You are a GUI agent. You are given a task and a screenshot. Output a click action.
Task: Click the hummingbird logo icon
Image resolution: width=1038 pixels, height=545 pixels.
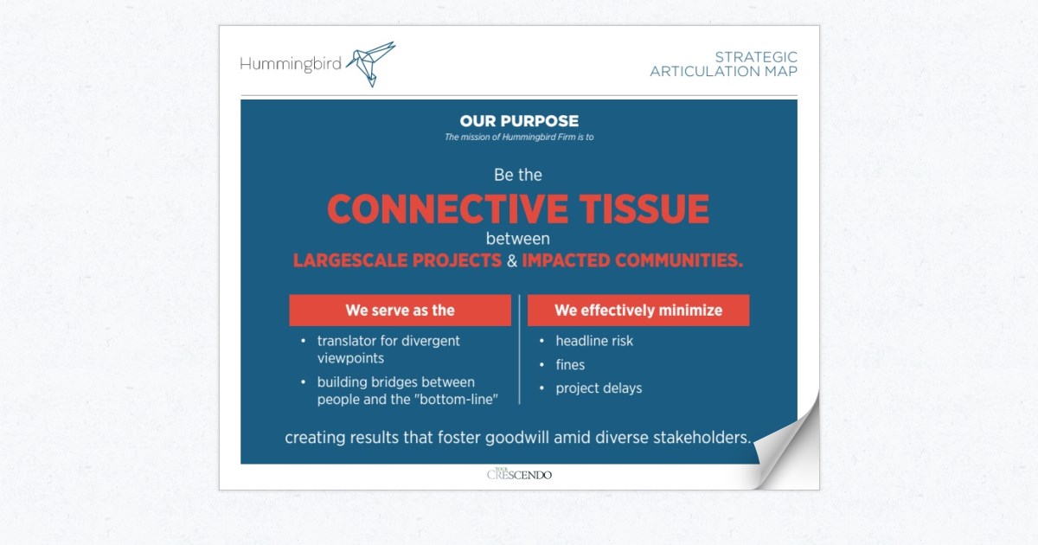(371, 61)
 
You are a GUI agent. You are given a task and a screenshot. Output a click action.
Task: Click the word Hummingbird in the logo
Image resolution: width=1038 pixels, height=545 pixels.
(291, 62)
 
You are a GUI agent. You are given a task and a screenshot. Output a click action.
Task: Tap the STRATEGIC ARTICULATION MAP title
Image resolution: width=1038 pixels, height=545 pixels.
(724, 64)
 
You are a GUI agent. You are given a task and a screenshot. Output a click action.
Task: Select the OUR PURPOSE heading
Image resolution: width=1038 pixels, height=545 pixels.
(519, 121)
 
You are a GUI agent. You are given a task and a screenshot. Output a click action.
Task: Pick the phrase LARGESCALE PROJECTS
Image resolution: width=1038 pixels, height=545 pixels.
(397, 260)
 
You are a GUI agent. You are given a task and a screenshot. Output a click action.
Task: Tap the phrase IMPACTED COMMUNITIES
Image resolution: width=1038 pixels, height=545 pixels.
(632, 260)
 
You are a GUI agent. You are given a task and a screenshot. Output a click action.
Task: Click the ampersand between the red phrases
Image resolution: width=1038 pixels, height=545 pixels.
(512, 260)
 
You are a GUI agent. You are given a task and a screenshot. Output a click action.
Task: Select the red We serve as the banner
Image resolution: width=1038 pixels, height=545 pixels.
(400, 310)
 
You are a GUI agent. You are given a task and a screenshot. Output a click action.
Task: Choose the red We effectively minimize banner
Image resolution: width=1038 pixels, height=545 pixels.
(638, 310)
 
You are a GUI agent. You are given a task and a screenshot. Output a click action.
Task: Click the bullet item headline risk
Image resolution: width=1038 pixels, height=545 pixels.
(594, 341)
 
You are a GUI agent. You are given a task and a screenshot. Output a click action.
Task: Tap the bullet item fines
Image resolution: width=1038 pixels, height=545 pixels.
(570, 365)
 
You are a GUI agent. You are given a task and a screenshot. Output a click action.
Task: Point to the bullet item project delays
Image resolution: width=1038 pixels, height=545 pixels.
(599, 388)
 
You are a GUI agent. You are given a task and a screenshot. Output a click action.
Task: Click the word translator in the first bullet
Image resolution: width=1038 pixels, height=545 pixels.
(348, 341)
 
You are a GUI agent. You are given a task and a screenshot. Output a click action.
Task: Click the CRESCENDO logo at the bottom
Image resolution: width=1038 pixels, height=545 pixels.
(519, 474)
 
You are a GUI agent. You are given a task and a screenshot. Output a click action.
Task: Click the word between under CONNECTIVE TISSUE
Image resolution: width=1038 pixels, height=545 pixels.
(518, 238)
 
